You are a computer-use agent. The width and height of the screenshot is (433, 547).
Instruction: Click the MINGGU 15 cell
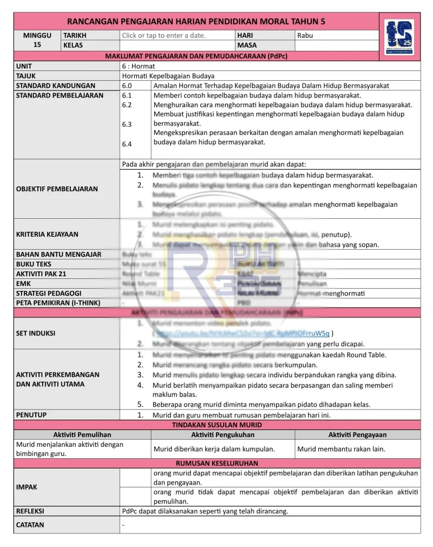(37, 40)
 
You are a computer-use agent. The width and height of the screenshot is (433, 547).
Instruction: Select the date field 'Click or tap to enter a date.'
(163, 36)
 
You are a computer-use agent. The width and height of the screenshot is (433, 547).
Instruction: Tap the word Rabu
(305, 36)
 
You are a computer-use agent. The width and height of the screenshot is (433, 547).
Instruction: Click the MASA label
(247, 45)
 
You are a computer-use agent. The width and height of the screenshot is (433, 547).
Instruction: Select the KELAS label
(73, 45)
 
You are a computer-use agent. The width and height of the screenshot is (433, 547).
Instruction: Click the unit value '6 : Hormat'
(139, 66)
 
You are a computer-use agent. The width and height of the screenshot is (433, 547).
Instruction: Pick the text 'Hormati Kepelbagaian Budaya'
(168, 76)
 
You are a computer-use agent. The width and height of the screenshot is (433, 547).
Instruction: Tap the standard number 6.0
(127, 86)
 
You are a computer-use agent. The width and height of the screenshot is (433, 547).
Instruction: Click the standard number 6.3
(127, 125)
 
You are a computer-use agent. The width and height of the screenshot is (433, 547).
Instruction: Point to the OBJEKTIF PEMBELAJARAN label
(57, 189)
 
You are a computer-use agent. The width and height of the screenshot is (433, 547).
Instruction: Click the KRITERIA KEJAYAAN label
(47, 235)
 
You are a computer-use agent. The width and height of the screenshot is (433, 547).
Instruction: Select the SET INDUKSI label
(36, 334)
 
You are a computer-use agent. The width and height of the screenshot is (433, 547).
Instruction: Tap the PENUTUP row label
(31, 415)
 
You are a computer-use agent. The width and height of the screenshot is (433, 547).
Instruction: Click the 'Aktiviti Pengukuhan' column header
(222, 435)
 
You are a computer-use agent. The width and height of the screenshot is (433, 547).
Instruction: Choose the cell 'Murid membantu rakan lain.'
(341, 449)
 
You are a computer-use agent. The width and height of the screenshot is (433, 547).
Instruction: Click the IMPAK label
(27, 487)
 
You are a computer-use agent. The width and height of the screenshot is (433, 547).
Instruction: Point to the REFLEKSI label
(30, 511)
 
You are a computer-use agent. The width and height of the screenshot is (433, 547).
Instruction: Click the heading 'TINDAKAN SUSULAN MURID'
(216, 425)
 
